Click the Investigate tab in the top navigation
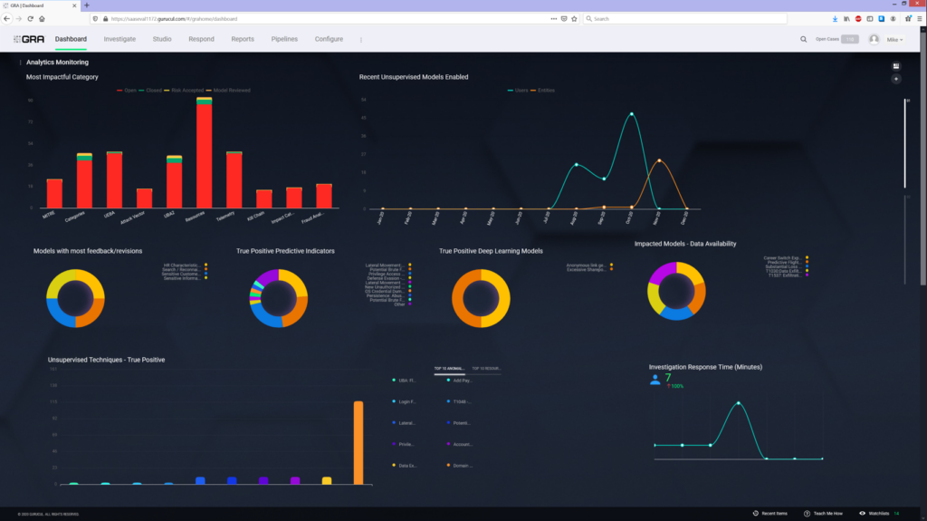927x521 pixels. coord(119,39)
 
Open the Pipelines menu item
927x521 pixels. coord(284,39)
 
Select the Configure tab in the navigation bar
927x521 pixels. coord(329,39)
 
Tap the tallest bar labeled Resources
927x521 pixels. coord(205,154)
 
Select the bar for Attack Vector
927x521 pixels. coord(145,198)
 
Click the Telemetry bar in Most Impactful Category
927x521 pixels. coord(234,179)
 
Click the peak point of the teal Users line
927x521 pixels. coord(631,114)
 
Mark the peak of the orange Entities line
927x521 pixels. coord(659,160)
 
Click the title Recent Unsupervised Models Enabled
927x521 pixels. coord(414,77)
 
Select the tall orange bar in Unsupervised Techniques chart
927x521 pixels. coord(358,442)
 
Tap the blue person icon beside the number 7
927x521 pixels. coord(655,380)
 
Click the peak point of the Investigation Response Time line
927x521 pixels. coord(740,402)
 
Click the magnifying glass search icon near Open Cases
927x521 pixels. coord(803,39)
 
